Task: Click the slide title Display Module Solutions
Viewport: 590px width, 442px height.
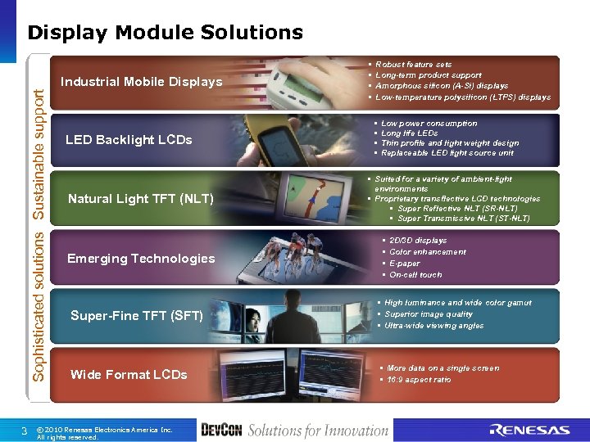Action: [165, 33]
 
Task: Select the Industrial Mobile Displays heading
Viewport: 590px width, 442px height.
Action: [141, 82]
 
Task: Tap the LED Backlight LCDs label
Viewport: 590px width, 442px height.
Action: [129, 140]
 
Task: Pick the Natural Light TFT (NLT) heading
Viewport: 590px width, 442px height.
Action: [140, 199]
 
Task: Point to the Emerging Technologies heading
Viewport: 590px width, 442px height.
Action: [141, 259]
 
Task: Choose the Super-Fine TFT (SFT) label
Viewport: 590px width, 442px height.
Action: [137, 315]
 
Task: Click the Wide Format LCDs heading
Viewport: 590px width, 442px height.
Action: [129, 375]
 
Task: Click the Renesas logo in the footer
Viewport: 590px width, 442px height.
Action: [529, 430]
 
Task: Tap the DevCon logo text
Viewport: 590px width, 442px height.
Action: [221, 430]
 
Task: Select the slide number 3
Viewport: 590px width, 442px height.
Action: [25, 431]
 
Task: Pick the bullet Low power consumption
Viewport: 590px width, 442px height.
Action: [429, 124]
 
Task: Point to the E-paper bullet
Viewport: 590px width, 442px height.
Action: [406, 264]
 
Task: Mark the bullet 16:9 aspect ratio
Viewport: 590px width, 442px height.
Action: [419, 380]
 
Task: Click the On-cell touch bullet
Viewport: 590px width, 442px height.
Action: [415, 275]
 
